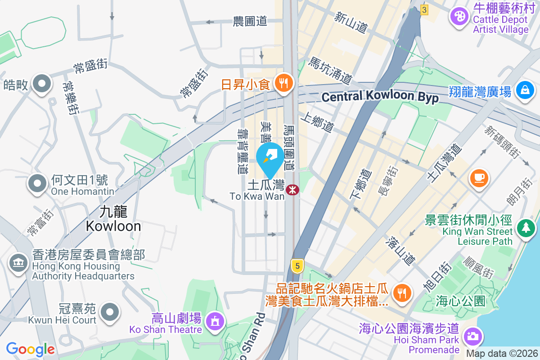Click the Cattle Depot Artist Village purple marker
pyautogui.click(x=459, y=18)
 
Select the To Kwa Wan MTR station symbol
pyautogui.click(x=292, y=190)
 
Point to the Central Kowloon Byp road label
pyautogui.click(x=380, y=97)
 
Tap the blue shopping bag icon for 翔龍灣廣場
pyautogui.click(x=525, y=90)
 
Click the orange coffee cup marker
pyautogui.click(x=480, y=177)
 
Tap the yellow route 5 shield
pyautogui.click(x=296, y=265)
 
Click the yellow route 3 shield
pyautogui.click(x=424, y=9)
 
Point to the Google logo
pyautogui.click(x=30, y=349)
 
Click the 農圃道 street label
pyautogui.click(x=250, y=21)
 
